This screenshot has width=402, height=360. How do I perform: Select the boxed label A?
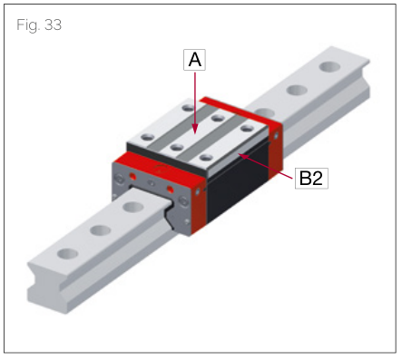click(193, 61)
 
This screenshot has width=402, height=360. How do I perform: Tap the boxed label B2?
click(310, 179)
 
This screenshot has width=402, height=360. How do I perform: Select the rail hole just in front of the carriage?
click(132, 208)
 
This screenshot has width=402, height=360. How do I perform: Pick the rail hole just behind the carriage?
click(295, 90)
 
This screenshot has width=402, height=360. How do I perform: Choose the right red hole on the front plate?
click(170, 190)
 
